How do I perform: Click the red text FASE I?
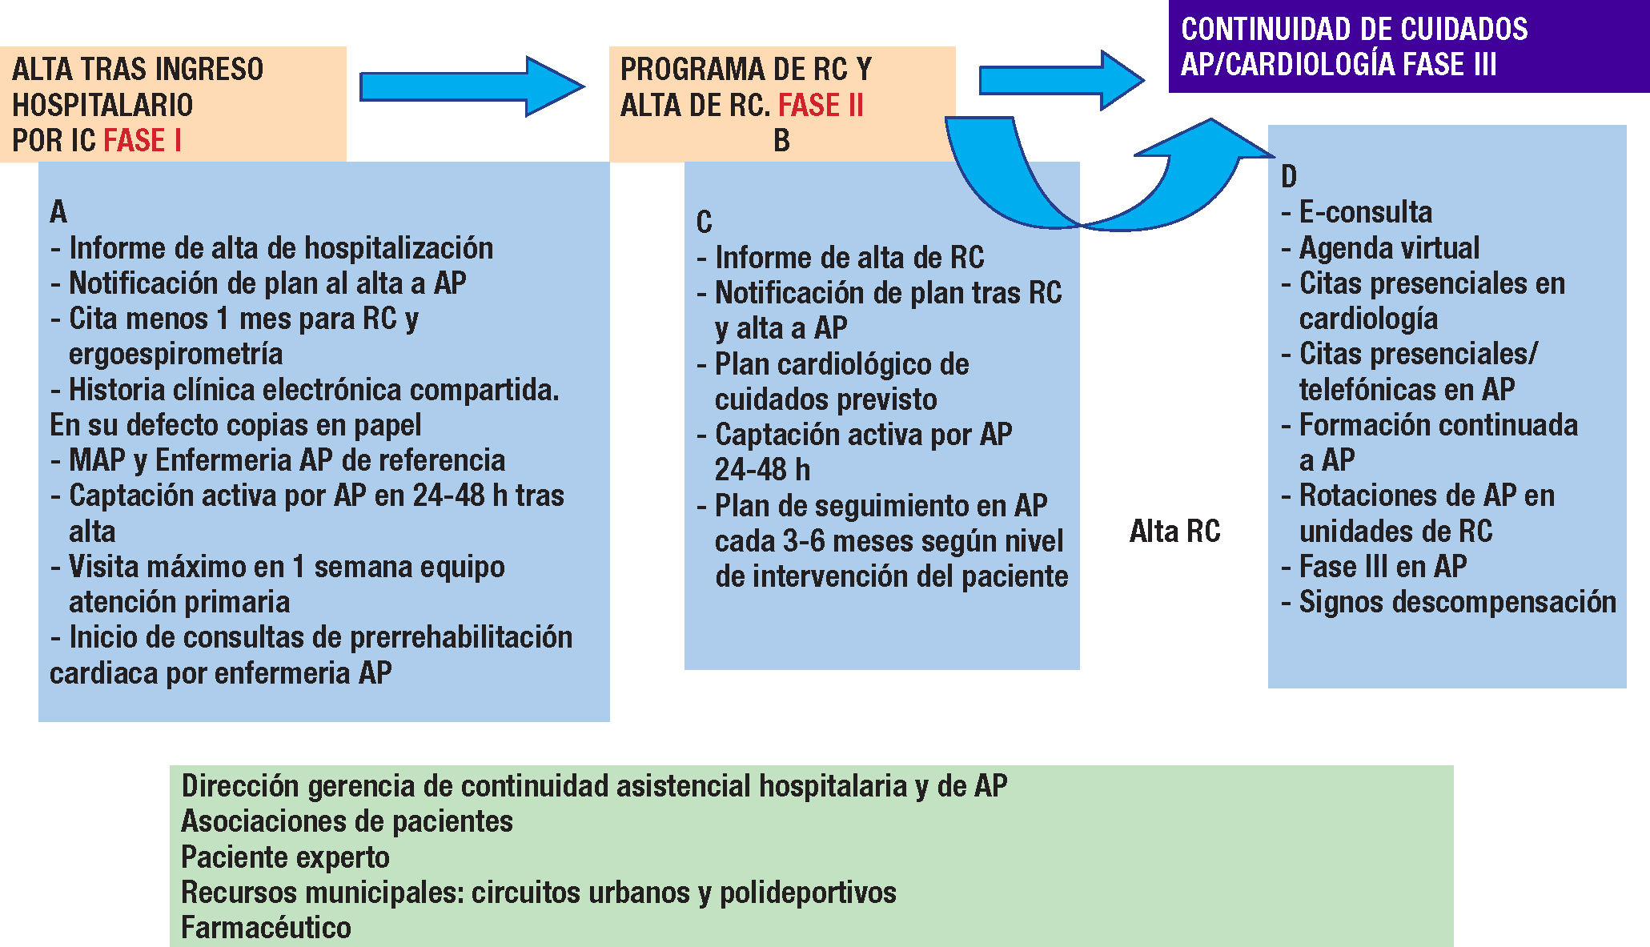pos(143,140)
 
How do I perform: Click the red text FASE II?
pos(821,105)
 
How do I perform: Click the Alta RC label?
pos(1174,532)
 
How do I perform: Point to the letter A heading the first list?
pos(58,212)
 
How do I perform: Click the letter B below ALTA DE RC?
pos(781,141)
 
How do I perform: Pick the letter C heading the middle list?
pos(704,223)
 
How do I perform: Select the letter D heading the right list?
pos(1289,177)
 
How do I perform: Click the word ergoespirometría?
pos(175,354)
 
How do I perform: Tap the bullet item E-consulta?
pos(1365,212)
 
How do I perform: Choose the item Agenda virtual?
pos(1389,248)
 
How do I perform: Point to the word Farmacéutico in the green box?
pos(266,928)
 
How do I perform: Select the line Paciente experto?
pos(285,857)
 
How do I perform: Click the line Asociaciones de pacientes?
pos(347,821)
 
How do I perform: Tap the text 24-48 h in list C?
pos(762,470)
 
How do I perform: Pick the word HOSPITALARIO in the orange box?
pos(102,105)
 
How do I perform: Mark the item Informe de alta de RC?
pos(849,258)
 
